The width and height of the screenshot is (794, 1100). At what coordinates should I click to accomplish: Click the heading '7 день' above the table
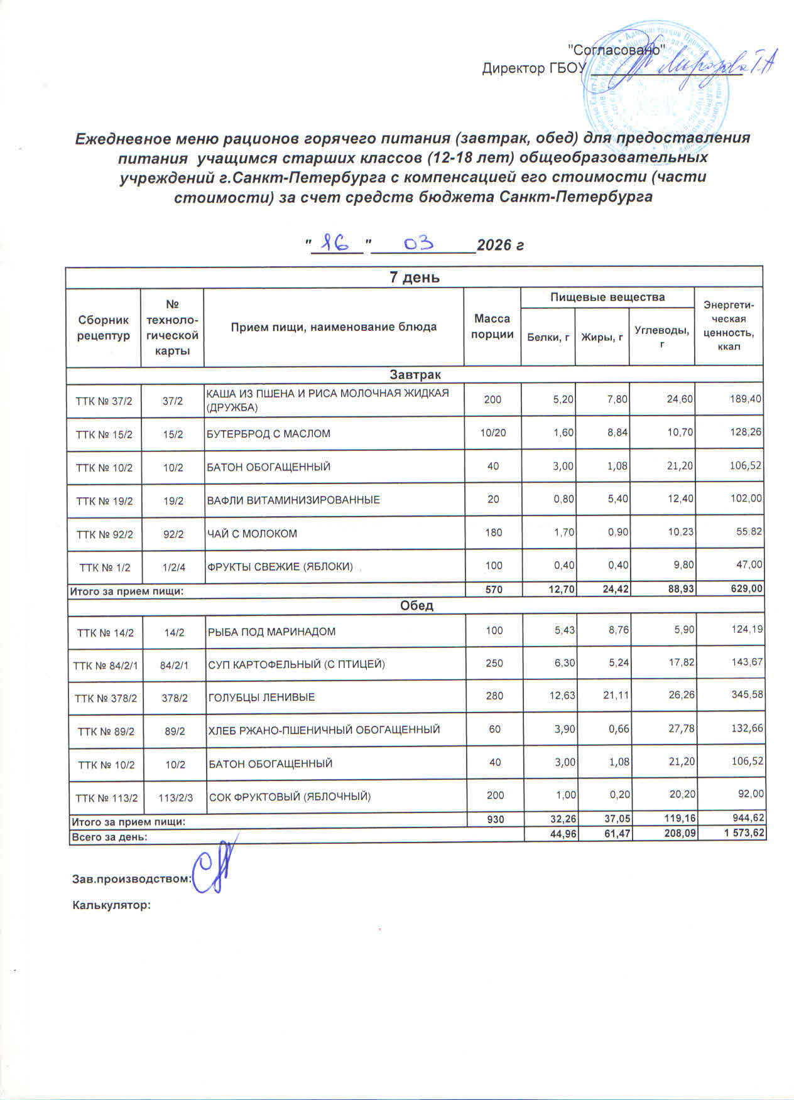[415, 278]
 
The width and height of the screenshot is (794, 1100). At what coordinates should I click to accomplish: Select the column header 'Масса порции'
[492, 326]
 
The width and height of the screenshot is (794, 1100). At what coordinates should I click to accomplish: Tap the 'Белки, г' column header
[548, 338]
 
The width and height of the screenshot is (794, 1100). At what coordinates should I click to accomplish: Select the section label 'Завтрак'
[415, 375]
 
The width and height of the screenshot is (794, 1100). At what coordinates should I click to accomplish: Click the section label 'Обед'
[416, 606]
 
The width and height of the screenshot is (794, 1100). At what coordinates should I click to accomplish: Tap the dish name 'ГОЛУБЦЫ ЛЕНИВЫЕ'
[262, 698]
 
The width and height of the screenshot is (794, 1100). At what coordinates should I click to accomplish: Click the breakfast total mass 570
[494, 590]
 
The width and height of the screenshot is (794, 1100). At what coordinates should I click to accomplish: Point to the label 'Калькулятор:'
[112, 905]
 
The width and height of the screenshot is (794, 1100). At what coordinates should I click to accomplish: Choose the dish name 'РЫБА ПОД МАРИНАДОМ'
[272, 632]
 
